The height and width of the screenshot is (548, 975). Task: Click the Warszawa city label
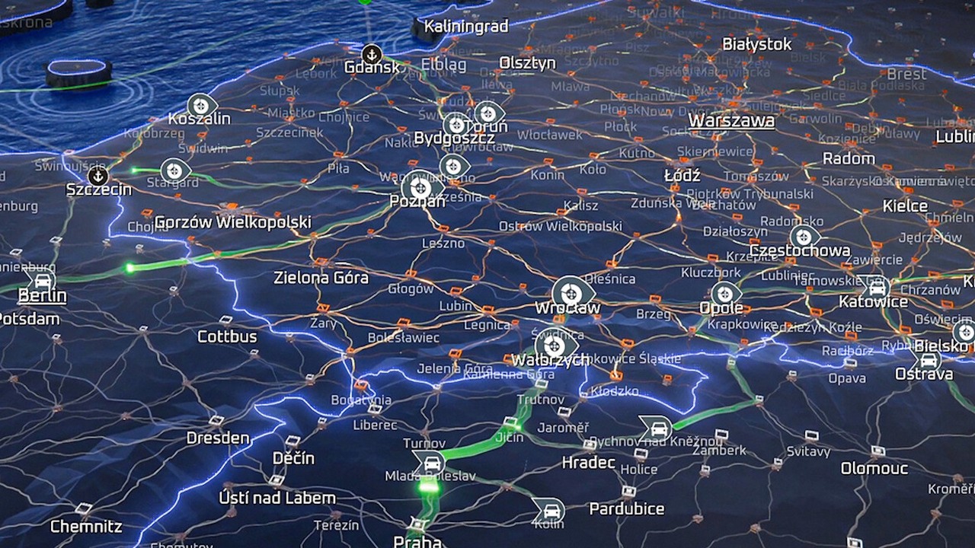[731, 121]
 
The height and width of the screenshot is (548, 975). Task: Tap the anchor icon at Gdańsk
[372, 54]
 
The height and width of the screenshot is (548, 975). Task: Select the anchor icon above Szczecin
[97, 176]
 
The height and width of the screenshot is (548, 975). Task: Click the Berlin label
[42, 295]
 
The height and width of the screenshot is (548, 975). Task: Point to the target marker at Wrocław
[573, 292]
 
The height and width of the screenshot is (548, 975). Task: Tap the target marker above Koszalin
[201, 106]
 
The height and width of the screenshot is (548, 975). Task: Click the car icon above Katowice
[877, 288]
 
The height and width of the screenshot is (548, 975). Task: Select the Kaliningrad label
[465, 27]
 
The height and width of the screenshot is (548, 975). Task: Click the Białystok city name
[756, 45]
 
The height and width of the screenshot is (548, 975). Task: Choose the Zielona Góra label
[321, 278]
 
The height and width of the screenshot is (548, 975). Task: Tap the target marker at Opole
[725, 294]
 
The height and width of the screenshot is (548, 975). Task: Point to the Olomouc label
[874, 468]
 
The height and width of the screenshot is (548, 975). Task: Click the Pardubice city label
[626, 508]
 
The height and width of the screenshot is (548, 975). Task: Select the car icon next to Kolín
[548, 509]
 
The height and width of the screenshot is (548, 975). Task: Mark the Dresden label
[218, 438]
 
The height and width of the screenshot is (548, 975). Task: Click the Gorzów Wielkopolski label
[232, 222]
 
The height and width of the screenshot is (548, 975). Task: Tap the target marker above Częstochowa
[804, 237]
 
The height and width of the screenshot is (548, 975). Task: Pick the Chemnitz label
[86, 526]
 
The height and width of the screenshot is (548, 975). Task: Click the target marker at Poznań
[420, 187]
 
